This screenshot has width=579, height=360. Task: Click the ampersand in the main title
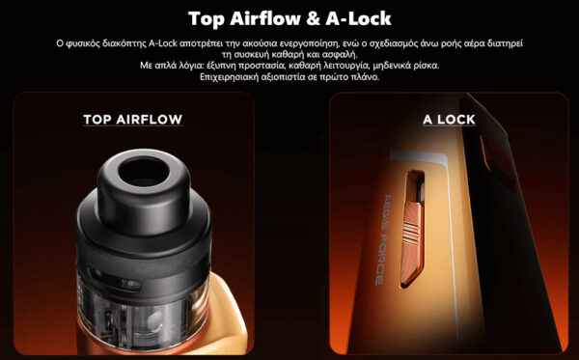pos(313,18)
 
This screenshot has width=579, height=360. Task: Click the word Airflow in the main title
pos(264,18)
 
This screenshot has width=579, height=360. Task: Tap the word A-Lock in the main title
pos(358,18)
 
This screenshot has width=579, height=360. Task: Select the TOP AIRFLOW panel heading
pos(133,120)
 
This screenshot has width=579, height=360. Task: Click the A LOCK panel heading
pos(449,120)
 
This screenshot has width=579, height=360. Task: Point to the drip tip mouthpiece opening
pos(143,172)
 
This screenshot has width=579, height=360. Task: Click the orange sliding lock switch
pos(411,240)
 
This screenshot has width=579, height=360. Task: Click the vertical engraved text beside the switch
pos(383,240)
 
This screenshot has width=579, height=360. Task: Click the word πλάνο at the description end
pos(366,77)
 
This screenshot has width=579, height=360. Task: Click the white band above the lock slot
pos(419,159)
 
